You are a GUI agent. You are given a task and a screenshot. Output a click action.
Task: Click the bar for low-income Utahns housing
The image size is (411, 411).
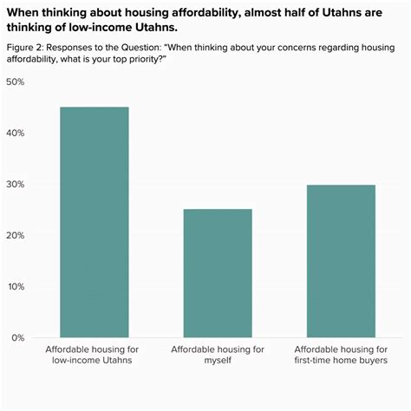94,222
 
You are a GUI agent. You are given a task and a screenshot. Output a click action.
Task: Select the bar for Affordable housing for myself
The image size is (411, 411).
217,273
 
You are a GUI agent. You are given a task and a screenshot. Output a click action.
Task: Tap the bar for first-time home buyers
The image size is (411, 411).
340,261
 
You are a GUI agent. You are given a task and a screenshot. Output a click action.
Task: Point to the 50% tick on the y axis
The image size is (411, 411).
15,82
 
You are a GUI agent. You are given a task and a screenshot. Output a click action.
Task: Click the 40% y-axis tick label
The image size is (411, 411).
15,133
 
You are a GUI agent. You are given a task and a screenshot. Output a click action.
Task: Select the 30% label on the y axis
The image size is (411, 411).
15,184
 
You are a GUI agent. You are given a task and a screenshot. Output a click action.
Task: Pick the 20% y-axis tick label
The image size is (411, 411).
15,235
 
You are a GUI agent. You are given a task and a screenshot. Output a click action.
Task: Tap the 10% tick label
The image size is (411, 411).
15,286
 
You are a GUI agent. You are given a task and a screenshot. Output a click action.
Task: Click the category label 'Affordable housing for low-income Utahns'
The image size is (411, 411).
94,354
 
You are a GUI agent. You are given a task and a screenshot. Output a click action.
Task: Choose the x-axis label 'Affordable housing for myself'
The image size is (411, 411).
217,354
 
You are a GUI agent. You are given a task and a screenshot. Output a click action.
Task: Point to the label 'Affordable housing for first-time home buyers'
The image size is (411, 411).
340,354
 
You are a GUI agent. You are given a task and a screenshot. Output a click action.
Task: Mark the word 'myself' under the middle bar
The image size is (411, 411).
217,360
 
